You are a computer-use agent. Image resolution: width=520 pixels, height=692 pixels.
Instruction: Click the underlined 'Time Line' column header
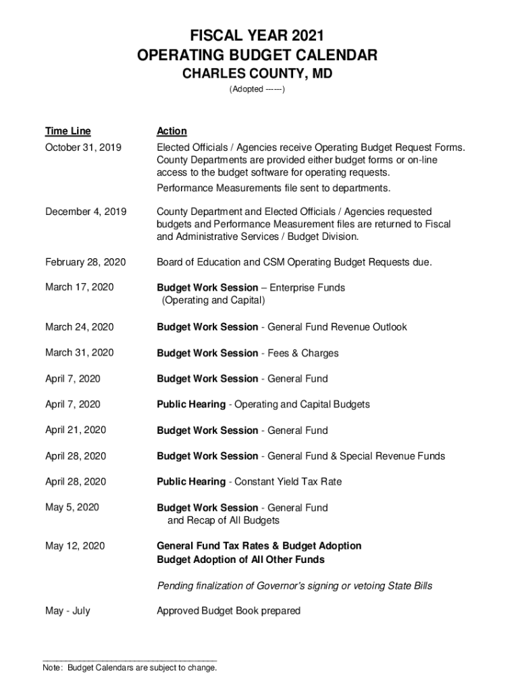pyautogui.click(x=68, y=131)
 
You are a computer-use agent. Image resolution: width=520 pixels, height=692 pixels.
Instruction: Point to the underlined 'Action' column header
pyautogui.click(x=172, y=131)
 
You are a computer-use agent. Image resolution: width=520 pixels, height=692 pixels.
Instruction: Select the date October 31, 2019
pyautogui.click(x=83, y=148)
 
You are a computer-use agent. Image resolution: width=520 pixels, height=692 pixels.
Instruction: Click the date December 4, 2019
pyautogui.click(x=85, y=212)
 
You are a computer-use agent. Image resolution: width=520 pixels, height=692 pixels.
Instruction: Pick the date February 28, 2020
pyautogui.click(x=85, y=262)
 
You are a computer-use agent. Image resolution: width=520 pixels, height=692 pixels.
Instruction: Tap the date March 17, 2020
pyautogui.click(x=79, y=288)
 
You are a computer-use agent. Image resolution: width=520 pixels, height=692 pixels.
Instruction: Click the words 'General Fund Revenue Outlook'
pyautogui.click(x=338, y=327)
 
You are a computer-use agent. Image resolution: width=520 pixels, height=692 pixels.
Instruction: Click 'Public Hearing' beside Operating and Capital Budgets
pyautogui.click(x=191, y=405)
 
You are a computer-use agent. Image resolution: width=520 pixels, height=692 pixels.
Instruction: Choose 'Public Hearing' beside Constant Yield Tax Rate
pyautogui.click(x=191, y=482)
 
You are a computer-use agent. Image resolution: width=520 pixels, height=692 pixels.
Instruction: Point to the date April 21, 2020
pyautogui.click(x=76, y=430)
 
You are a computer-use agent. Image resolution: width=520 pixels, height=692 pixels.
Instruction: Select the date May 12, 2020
pyautogui.click(x=75, y=546)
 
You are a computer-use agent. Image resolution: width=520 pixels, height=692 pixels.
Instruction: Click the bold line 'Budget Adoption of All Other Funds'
pyautogui.click(x=240, y=560)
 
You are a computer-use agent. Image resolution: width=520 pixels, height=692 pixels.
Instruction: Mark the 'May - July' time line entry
pyautogui.click(x=68, y=611)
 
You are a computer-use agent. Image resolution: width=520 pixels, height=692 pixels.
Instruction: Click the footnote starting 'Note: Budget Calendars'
pyautogui.click(x=130, y=668)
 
